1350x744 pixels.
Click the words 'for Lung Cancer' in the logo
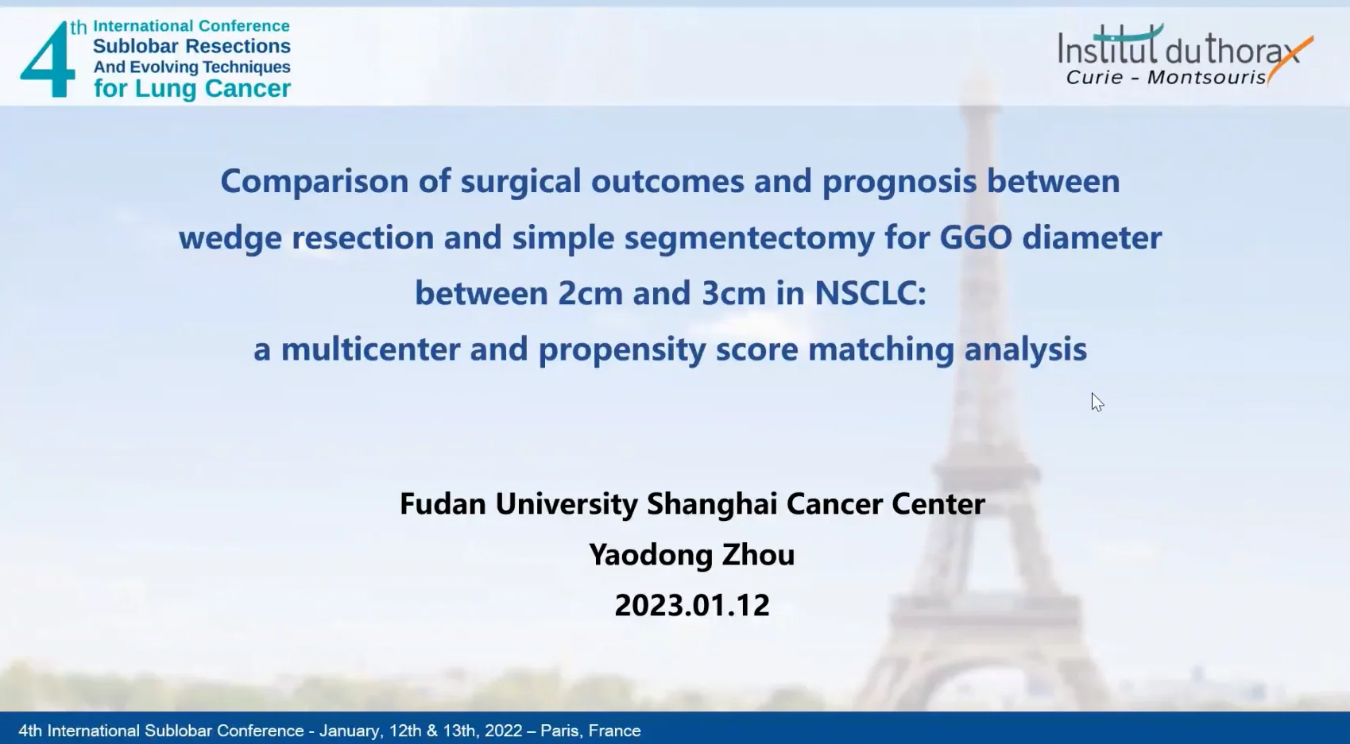point(192,89)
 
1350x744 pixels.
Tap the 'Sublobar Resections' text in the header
point(191,46)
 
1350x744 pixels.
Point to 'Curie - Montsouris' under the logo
point(1166,77)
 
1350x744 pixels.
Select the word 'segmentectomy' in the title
point(749,238)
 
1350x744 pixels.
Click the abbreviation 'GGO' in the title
point(976,237)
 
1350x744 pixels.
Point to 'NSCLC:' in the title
point(870,293)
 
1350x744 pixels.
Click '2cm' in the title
point(590,293)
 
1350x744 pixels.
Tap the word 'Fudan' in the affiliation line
point(443,503)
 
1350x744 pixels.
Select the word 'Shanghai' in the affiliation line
point(712,504)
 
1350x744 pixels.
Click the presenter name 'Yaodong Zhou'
point(692,555)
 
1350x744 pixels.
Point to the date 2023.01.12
point(692,605)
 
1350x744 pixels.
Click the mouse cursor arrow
point(1097,403)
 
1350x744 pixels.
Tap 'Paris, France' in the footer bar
point(590,731)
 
